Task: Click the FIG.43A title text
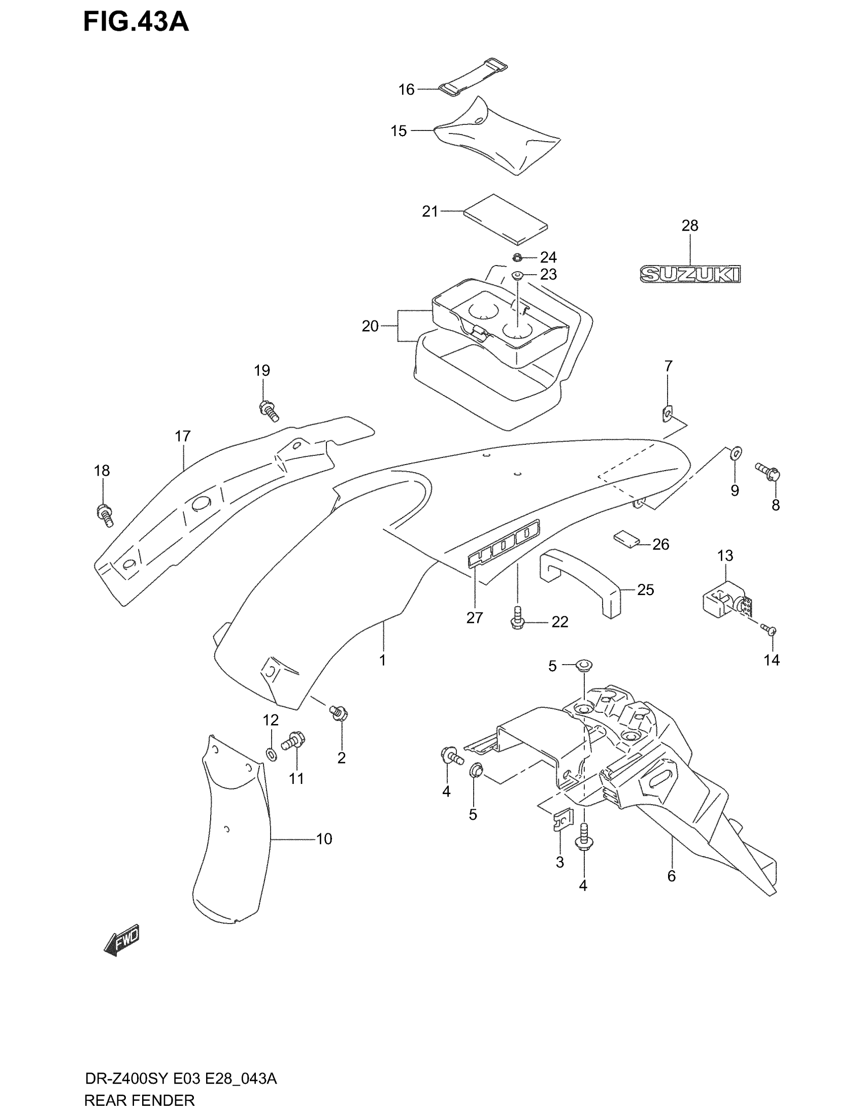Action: coord(136,22)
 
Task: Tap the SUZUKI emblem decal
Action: coord(690,275)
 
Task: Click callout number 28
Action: coord(690,225)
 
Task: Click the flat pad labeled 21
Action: coord(505,219)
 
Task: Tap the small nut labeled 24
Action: coord(517,257)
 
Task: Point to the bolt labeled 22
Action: coord(517,617)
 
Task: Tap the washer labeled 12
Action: coord(271,754)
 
